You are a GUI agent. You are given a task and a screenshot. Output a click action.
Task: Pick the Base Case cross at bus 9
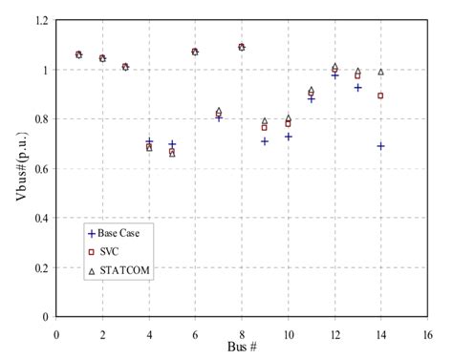pyautogui.click(x=265, y=141)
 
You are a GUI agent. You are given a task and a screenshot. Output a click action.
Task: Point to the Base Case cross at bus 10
pyautogui.click(x=288, y=137)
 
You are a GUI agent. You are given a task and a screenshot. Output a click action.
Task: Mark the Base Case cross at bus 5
pyautogui.click(x=172, y=144)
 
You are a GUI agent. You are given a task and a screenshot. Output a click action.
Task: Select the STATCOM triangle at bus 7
pyautogui.click(x=219, y=111)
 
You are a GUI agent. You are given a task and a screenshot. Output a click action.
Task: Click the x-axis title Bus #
pyautogui.click(x=244, y=345)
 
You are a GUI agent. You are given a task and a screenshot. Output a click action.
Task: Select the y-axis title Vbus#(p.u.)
pyautogui.click(x=14, y=167)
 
